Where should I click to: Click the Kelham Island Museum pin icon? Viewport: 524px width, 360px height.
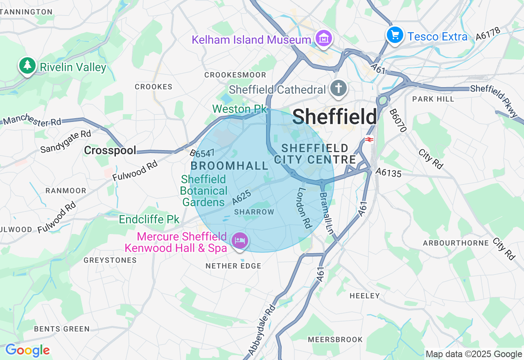click(324, 38)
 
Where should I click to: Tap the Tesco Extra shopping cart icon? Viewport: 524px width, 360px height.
click(395, 35)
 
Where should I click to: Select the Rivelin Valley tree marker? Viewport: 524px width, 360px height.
click(27, 65)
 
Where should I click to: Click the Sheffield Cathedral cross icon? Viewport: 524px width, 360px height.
click(339, 88)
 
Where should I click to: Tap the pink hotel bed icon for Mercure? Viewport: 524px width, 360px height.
click(240, 240)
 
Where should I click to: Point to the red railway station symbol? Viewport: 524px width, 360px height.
click(369, 139)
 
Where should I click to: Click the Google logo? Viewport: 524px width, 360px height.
click(27, 350)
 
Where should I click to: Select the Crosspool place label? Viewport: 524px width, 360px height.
click(110, 151)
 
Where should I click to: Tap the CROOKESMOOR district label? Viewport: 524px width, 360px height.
click(235, 75)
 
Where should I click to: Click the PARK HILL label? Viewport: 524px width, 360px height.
click(433, 99)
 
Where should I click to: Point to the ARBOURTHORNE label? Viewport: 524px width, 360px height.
click(456, 243)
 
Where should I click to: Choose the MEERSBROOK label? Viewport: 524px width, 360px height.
click(335, 340)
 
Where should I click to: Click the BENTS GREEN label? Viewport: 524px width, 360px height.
click(62, 329)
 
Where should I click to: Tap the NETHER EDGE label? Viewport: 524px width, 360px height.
click(233, 266)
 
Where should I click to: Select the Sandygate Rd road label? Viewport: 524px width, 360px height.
click(65, 141)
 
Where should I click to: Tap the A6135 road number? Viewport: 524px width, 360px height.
click(388, 173)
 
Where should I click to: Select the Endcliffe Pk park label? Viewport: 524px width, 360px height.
click(149, 220)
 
